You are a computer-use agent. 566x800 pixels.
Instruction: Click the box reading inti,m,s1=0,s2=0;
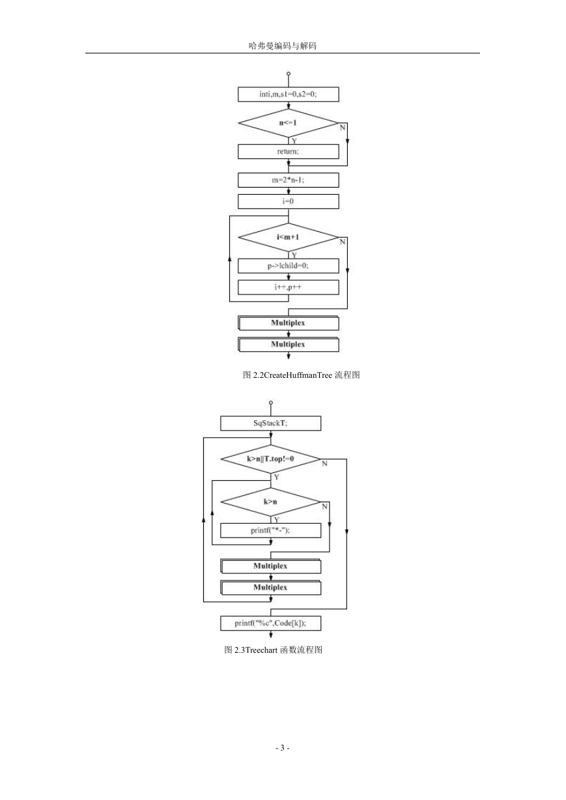click(288, 94)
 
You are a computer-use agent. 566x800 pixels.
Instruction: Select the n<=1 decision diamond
click(288, 123)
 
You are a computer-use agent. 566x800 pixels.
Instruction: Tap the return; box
click(288, 151)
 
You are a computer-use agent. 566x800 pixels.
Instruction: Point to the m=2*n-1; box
click(288, 180)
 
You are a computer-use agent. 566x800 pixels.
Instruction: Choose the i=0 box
click(288, 201)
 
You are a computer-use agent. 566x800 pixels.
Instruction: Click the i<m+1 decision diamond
click(288, 237)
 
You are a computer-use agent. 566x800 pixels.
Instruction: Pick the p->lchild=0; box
click(288, 266)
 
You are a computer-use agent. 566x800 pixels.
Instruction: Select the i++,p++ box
click(288, 287)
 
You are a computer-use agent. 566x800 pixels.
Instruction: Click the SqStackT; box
click(271, 423)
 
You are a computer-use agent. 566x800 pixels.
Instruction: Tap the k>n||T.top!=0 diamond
click(271, 459)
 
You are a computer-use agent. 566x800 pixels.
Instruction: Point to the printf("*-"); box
click(271, 530)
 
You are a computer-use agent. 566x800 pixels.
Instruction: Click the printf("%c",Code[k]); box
click(271, 623)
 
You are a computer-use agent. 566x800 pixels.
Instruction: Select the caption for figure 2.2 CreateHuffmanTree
click(301, 375)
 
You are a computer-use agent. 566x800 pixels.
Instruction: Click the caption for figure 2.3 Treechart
click(273, 650)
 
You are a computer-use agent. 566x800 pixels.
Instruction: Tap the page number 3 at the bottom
click(282, 747)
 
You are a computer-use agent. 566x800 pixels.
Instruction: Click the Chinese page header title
click(283, 46)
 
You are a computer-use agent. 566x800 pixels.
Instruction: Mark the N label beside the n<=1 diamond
click(343, 128)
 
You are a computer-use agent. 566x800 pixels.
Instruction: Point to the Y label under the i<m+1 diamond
click(294, 255)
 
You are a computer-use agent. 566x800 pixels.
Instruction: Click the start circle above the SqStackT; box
click(271, 403)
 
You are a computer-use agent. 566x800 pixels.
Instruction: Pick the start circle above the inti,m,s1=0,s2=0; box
click(289, 74)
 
